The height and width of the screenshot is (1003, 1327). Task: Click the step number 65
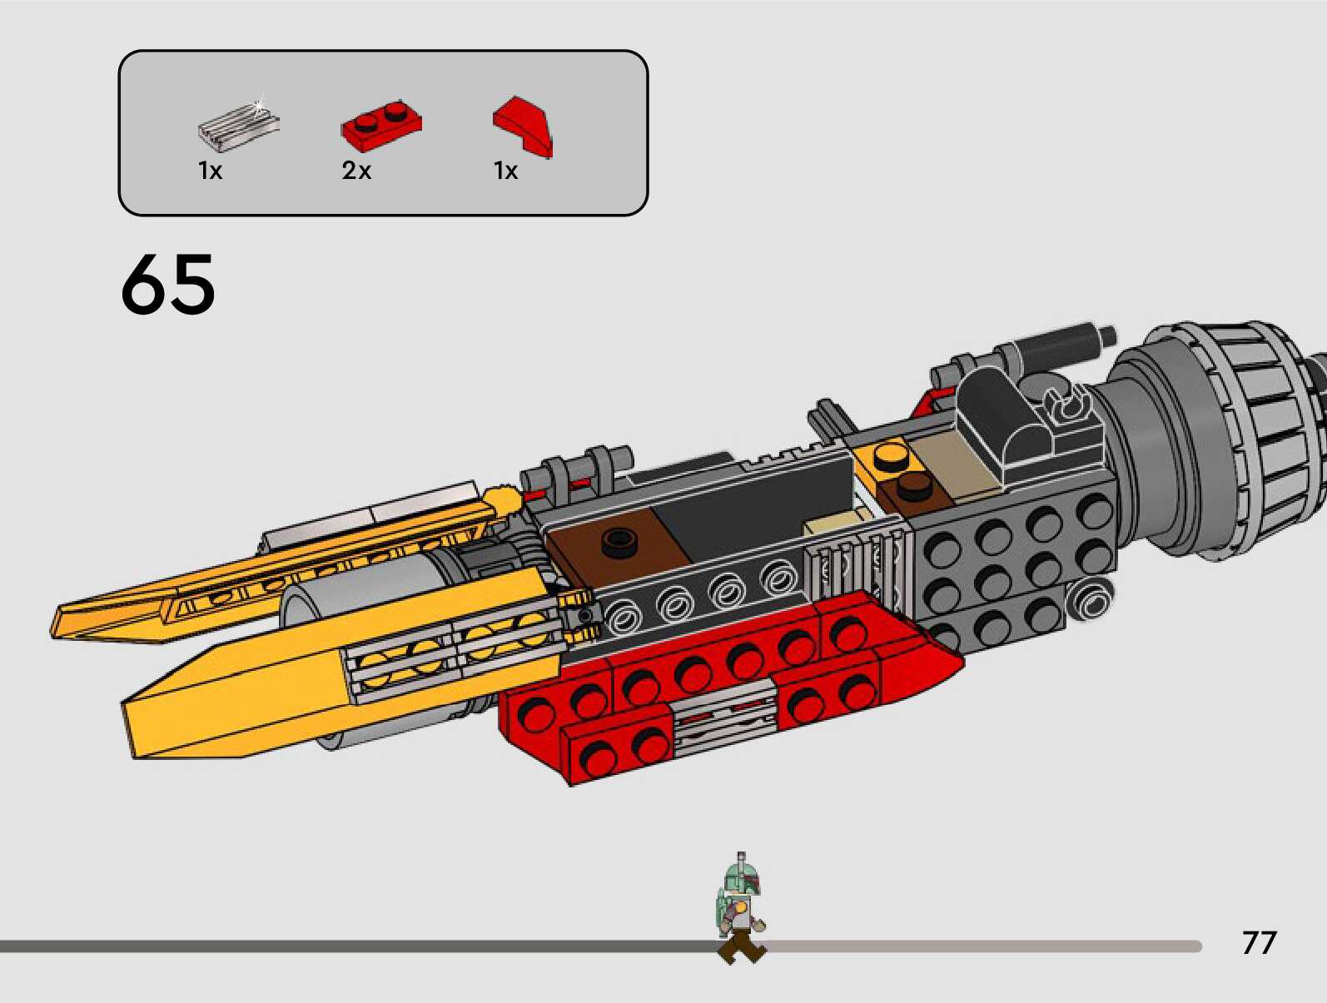168,285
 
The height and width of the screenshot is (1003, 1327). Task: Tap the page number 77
1259,942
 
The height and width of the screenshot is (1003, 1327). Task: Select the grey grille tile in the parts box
237,125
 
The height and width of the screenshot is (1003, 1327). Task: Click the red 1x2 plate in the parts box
381,122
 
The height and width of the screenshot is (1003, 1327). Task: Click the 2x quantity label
356,171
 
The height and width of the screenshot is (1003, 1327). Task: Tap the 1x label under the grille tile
210,171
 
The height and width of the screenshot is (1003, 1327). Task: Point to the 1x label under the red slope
505,171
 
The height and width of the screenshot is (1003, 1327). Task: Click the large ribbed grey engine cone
1232,441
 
